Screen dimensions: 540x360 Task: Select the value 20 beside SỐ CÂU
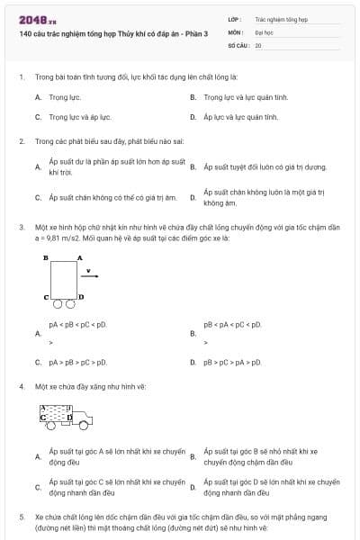258,44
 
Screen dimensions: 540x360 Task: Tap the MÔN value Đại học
264,31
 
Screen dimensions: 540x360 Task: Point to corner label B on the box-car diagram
45,257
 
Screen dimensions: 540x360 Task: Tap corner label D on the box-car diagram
81,296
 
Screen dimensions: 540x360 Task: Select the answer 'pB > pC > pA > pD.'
232,362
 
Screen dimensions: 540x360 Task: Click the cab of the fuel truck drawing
82,417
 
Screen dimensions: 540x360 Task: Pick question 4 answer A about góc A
116,456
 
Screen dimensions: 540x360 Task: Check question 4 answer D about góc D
270,487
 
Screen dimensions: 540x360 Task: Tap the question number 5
21,517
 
